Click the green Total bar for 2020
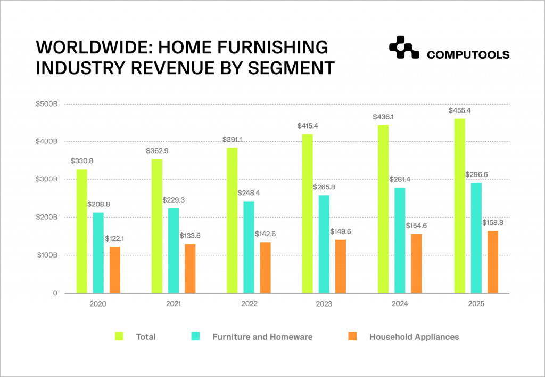[x=81, y=231]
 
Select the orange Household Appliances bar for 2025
[x=493, y=262]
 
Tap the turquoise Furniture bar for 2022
[x=249, y=247]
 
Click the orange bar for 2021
[x=190, y=268]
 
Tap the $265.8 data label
[x=324, y=187]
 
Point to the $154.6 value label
[x=415, y=226]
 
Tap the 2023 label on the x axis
[x=324, y=304]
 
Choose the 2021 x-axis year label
[x=173, y=304]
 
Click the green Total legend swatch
[x=120, y=336]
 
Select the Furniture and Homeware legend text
[x=262, y=336]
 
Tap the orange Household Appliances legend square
[x=351, y=336]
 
